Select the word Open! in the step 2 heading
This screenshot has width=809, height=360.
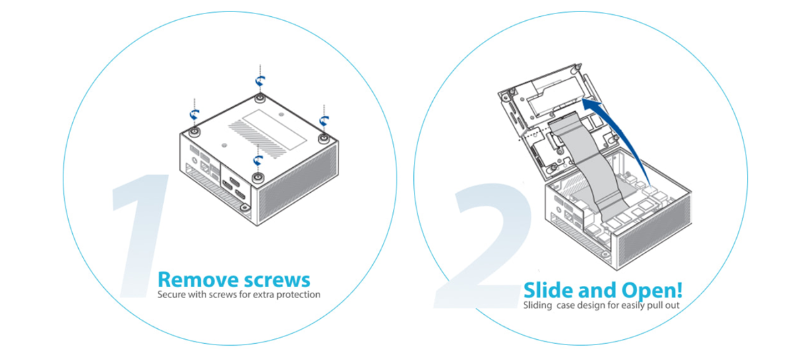(x=653, y=291)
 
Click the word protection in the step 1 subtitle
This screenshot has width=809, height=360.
(x=298, y=295)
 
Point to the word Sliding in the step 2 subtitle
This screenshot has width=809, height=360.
(x=537, y=305)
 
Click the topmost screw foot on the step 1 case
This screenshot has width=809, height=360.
(x=260, y=98)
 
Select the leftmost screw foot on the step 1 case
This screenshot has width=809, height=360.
(x=195, y=131)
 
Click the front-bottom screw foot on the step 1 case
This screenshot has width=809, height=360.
(x=258, y=177)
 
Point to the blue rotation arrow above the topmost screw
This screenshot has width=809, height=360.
(x=260, y=81)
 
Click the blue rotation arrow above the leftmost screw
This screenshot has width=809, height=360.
(x=195, y=115)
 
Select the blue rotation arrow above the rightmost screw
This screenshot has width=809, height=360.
(x=324, y=121)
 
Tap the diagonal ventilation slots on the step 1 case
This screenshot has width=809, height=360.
(x=253, y=138)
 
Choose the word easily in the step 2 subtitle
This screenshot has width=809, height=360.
(x=633, y=305)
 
